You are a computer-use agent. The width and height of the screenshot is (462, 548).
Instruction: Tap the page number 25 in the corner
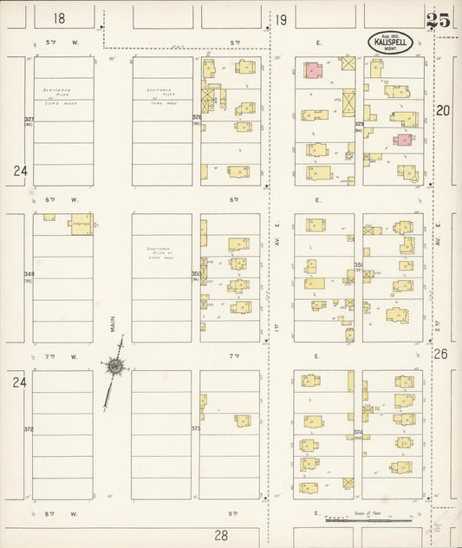pos(438,21)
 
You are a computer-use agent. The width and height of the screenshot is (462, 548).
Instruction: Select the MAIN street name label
pos(113,323)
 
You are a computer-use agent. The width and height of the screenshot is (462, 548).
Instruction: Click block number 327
pos(29,120)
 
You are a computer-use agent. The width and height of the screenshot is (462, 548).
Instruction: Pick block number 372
pos(29,429)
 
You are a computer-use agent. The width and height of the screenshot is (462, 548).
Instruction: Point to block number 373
pos(196,429)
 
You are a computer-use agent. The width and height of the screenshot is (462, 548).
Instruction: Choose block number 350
pos(196,274)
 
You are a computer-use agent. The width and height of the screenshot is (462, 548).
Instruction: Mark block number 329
pos(358,125)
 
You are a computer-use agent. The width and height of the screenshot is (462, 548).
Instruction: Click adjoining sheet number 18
pos(59,18)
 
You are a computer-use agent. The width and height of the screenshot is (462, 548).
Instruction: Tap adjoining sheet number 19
pos(282,18)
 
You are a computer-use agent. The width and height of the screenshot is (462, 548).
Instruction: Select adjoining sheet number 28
pos(221,536)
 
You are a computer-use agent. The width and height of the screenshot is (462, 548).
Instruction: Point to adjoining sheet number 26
pos(440,354)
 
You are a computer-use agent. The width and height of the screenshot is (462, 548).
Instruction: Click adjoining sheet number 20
pos(443,110)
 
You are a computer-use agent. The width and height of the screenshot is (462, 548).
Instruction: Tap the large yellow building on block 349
pos(81,223)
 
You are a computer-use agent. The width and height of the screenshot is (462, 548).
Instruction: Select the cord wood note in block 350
pos(162,253)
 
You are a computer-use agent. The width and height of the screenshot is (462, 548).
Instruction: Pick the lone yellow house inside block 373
pos(243,421)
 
